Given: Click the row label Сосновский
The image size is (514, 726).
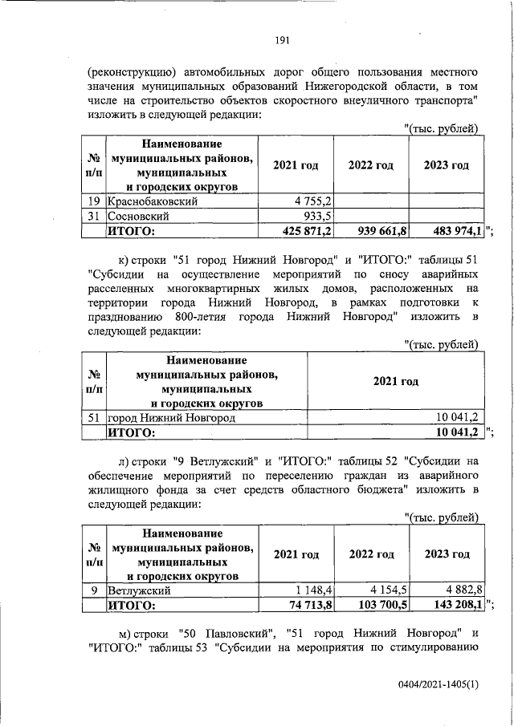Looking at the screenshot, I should tap(137, 217).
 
